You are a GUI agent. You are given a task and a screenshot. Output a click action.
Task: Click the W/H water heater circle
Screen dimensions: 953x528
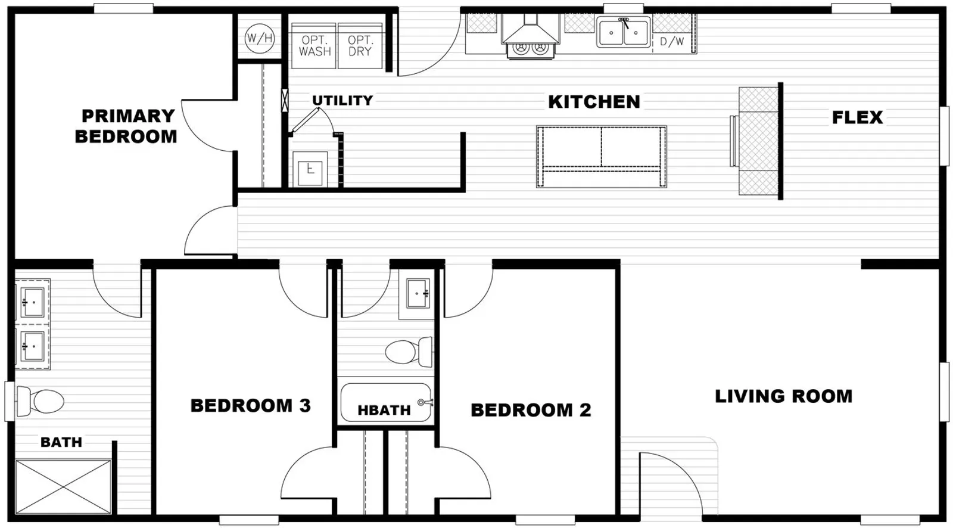[260, 38]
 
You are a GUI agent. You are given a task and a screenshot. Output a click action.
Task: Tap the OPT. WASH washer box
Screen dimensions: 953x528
[314, 46]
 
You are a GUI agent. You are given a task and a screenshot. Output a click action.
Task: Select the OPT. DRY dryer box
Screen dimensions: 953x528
[360, 46]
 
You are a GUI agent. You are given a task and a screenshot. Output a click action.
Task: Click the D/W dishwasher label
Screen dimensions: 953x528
[672, 41]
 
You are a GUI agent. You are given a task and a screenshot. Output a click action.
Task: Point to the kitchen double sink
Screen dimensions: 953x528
[624, 32]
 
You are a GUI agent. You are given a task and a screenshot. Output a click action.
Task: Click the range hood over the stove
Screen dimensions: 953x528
[531, 30]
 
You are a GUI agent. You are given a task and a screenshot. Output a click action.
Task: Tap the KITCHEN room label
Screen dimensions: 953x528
[594, 102]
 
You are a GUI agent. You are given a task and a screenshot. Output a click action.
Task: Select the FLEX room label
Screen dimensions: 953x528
[857, 117]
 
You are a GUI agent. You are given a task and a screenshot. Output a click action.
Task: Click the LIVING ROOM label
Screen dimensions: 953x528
[784, 396]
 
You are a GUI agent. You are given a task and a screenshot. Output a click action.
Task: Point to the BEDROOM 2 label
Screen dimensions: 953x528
[531, 410]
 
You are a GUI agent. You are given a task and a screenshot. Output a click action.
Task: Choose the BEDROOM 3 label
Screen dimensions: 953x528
[251, 405]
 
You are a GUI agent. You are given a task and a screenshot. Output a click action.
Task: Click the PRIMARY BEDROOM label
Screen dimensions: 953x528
[126, 126]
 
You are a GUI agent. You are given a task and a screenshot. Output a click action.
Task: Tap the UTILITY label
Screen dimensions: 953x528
[342, 101]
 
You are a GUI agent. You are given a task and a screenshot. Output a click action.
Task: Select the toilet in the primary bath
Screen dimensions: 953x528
[40, 401]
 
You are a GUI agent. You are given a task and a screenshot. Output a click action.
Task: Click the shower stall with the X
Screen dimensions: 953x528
[63, 487]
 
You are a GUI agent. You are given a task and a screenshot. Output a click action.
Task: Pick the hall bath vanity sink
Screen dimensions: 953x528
[418, 293]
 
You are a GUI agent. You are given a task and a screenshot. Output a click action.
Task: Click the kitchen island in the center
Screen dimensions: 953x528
[601, 157]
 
